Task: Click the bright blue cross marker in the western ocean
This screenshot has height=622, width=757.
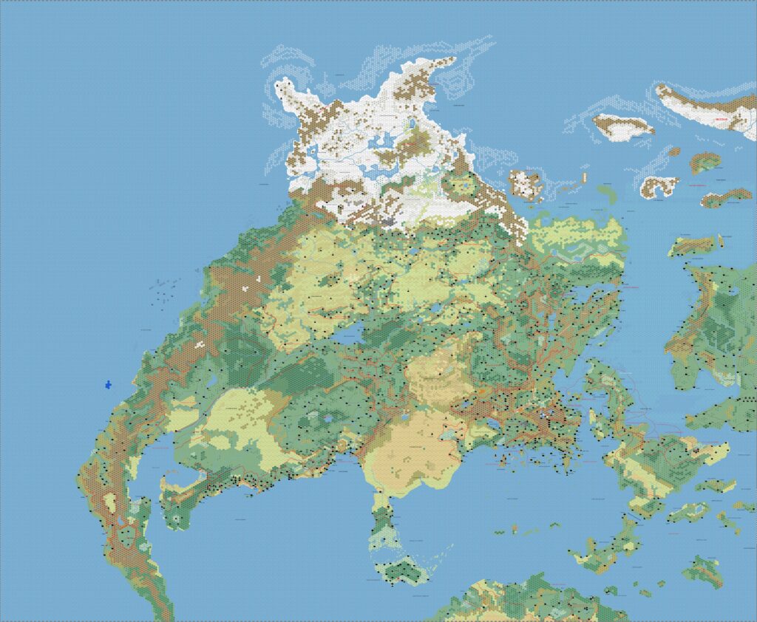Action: click(109, 385)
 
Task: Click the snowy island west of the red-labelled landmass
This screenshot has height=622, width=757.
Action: click(623, 126)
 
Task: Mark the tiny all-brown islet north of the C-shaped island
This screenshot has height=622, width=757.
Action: click(674, 151)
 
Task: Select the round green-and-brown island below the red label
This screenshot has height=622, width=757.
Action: click(705, 160)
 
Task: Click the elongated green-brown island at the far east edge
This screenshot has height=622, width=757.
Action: click(726, 197)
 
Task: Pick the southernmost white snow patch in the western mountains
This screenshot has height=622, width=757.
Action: click(198, 345)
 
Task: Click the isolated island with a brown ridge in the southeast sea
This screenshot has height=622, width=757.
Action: click(702, 569)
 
